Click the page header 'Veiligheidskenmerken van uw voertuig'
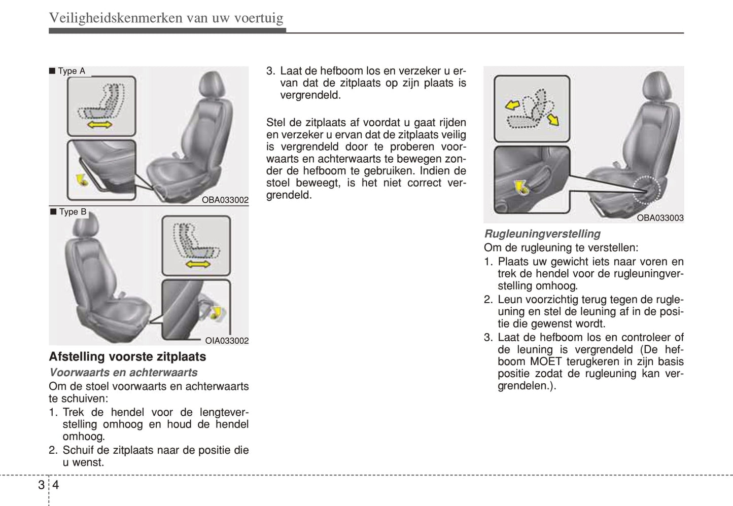point(166,18)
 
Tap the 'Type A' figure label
point(71,71)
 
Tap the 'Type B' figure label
point(73,211)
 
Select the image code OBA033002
point(225,200)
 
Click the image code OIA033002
point(227,341)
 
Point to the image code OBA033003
point(660,218)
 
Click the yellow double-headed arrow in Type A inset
point(100,125)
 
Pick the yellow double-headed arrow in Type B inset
point(198,264)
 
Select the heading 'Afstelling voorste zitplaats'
point(127,356)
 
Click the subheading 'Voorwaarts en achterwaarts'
point(123,372)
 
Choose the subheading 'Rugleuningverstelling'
point(542,234)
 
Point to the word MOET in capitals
point(546,362)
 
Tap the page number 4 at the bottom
point(56,485)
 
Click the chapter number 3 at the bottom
point(41,485)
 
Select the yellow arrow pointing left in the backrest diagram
point(512,105)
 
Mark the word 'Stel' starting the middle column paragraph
point(276,123)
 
